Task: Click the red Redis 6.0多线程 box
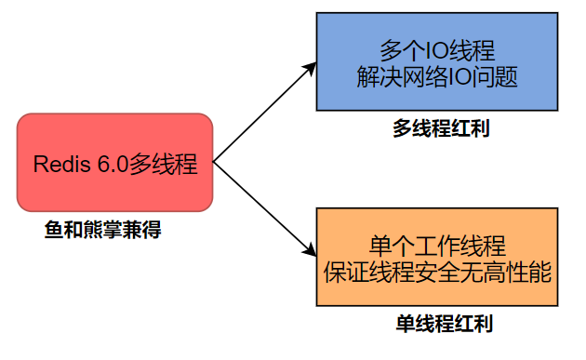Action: pos(115,162)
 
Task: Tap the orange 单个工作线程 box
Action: pos(436,258)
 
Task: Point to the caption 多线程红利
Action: pos(441,129)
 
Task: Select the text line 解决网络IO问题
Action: pos(436,75)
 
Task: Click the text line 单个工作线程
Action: pos(437,246)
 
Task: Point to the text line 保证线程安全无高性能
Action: pos(437,272)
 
